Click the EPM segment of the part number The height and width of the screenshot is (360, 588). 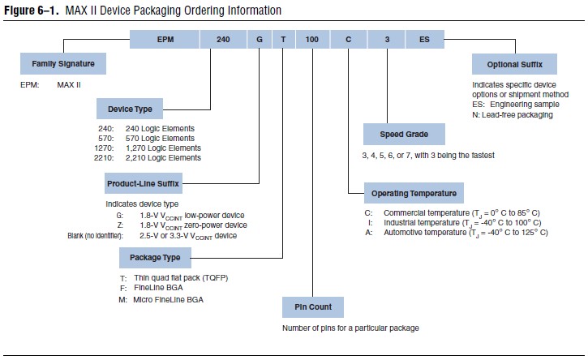[165, 38]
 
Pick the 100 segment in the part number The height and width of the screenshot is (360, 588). [312, 38]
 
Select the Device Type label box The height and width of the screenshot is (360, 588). [130, 108]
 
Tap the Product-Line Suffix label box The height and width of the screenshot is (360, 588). [142, 183]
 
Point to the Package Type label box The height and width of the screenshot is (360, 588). [155, 259]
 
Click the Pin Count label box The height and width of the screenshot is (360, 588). [312, 308]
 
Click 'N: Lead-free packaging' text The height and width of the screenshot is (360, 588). [512, 114]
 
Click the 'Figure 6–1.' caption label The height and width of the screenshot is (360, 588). [29, 11]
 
